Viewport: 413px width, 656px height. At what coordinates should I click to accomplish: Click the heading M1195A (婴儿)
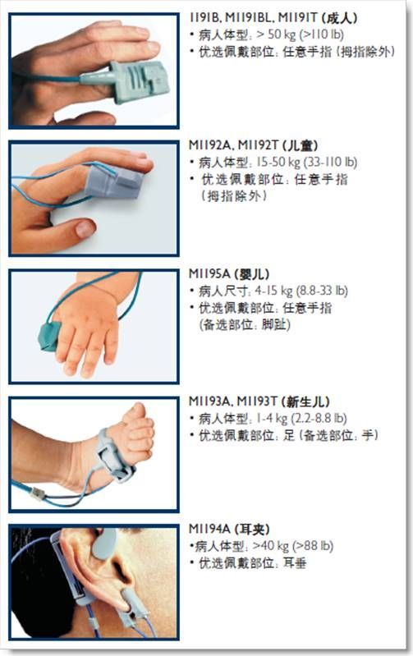click(229, 274)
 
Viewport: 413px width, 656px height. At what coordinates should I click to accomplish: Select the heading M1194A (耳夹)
click(229, 529)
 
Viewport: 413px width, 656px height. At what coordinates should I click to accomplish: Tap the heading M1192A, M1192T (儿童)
click(253, 145)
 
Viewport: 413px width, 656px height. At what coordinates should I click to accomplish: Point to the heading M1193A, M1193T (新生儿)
click(259, 401)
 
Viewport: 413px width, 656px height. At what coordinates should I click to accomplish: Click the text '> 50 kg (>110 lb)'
click(300, 34)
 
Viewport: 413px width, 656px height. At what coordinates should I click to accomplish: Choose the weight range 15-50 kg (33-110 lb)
click(307, 162)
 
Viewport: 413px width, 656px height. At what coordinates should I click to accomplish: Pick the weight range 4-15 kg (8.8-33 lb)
click(301, 291)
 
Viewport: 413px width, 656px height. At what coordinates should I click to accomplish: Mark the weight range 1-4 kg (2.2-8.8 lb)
click(301, 418)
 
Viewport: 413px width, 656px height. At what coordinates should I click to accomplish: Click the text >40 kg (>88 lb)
click(293, 545)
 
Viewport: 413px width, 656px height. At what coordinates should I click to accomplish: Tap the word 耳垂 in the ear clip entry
click(295, 563)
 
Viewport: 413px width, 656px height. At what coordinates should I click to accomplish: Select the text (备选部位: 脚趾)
click(245, 324)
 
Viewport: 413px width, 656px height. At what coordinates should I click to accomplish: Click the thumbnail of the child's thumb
click(85, 228)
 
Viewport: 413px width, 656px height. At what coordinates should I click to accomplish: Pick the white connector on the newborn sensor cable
click(38, 494)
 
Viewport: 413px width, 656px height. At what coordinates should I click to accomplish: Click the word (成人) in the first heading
click(340, 18)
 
